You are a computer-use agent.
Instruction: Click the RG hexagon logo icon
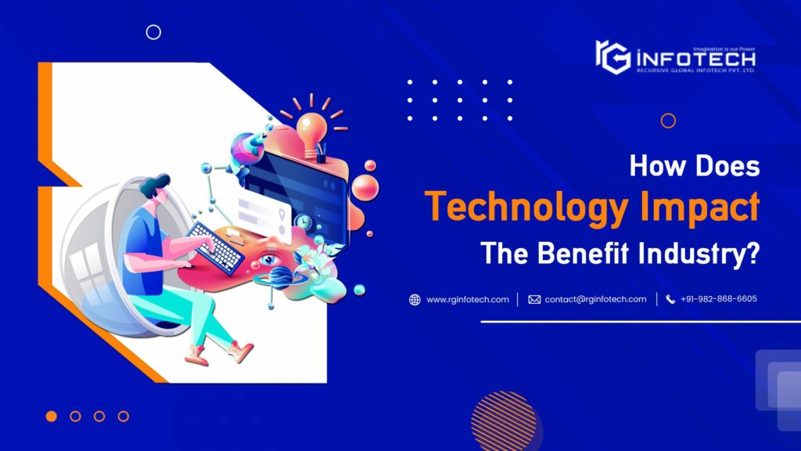pos(612,56)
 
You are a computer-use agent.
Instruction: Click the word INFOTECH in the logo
pos(695,58)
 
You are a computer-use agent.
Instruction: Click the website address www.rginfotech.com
pos(468,299)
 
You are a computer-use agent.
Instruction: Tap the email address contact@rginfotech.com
pos(595,299)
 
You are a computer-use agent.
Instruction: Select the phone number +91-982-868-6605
pos(718,299)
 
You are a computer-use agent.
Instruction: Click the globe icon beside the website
pos(415,300)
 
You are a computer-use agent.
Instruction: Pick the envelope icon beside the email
pos(534,300)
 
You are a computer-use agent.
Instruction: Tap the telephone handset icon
pos(670,300)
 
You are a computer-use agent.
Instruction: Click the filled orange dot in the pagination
pos(52,417)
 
